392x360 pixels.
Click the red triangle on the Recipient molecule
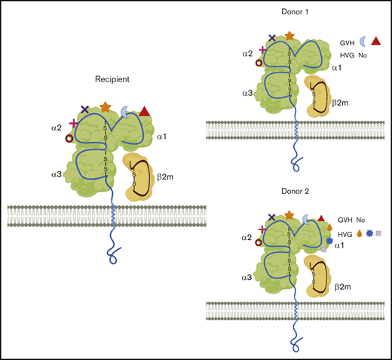[x=145, y=112]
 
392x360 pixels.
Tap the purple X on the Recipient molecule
[x=84, y=110]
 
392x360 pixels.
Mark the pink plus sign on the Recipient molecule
[x=74, y=124]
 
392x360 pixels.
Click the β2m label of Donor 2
[x=344, y=288]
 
